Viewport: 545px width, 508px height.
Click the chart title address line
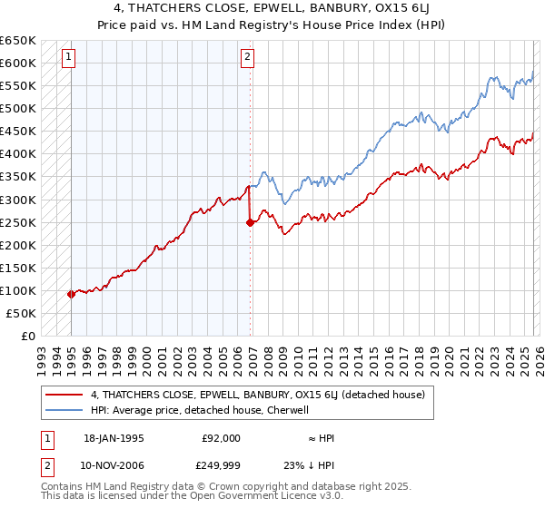tap(272, 8)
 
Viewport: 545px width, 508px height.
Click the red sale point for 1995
tap(72, 294)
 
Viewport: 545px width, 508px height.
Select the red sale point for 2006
tap(250, 222)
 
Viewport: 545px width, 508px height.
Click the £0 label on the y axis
tap(28, 336)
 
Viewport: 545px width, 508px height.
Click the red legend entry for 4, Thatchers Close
tap(263, 395)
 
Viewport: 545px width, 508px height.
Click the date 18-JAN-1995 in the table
tap(114, 438)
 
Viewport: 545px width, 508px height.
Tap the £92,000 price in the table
tap(222, 438)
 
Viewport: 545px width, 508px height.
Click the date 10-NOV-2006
tap(114, 465)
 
